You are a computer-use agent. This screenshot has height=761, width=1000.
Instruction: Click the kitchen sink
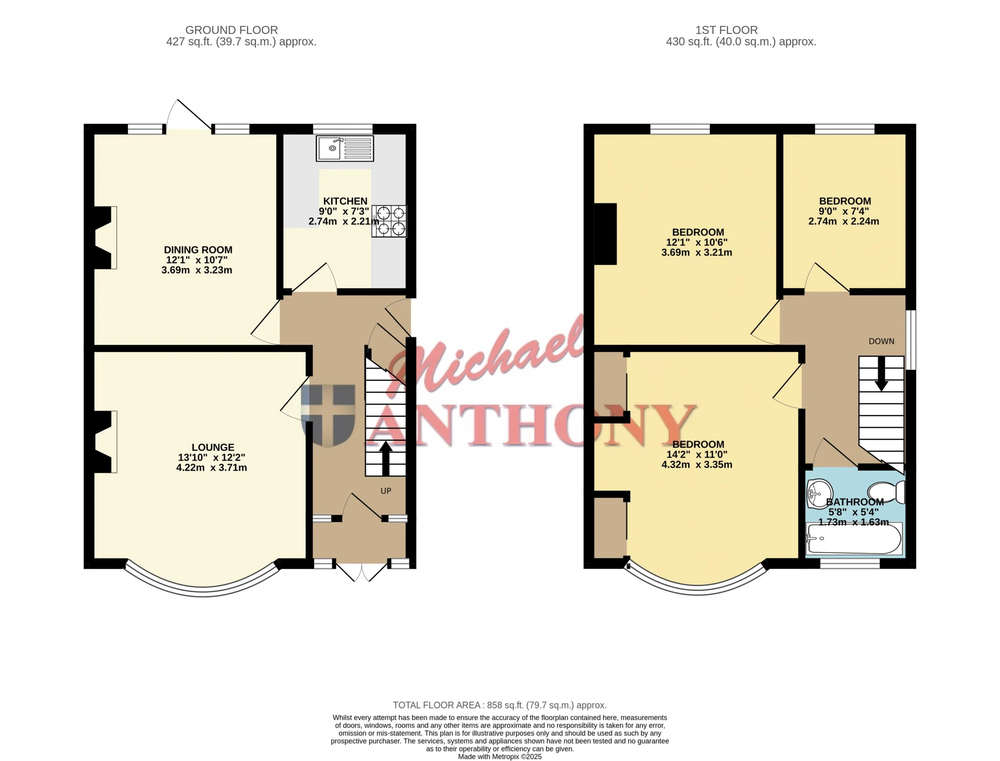345,148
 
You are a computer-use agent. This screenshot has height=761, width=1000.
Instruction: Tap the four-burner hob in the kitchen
389,221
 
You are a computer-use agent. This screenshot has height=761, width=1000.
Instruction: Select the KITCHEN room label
345,201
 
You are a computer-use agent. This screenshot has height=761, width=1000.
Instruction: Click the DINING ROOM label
198,250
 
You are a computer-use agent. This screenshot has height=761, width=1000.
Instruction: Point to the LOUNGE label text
213,447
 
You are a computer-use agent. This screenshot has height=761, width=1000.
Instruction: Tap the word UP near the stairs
386,491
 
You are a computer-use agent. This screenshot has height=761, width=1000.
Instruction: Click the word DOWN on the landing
881,341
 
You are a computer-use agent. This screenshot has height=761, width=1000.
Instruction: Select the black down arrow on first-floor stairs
881,374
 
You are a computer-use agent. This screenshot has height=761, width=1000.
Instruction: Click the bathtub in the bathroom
854,539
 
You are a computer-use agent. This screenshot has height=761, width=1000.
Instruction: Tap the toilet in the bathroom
886,492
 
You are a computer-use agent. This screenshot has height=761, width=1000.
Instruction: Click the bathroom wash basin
820,493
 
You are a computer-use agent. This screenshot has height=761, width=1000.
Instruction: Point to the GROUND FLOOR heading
231,30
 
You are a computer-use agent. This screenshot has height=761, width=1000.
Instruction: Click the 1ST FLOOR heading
727,30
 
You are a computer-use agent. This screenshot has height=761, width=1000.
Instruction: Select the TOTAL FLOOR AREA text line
500,705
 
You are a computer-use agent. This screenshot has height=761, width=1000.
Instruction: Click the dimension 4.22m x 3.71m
211,468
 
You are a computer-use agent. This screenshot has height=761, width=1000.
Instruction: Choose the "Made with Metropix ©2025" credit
500,756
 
